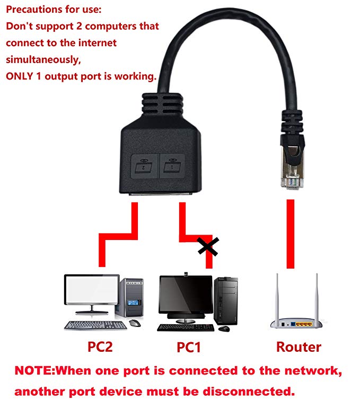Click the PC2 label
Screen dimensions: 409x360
(x=100, y=347)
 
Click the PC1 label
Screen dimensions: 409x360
(x=188, y=348)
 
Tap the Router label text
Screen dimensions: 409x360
(x=298, y=347)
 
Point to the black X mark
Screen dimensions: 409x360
(x=208, y=246)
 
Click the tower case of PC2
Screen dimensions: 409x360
(x=131, y=299)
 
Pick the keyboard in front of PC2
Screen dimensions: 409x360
(x=96, y=325)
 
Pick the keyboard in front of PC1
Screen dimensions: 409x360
(x=186, y=327)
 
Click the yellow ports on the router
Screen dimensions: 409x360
(x=303, y=323)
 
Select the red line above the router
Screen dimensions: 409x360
(x=290, y=233)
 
